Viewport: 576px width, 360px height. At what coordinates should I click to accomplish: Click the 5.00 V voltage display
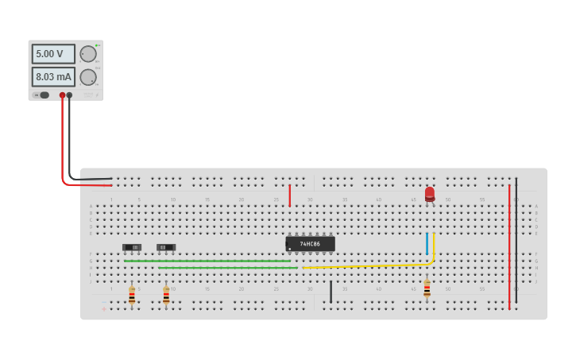(52, 54)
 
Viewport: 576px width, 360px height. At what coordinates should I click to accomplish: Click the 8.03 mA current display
(52, 77)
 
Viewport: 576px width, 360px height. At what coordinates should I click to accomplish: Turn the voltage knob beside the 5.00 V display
(88, 54)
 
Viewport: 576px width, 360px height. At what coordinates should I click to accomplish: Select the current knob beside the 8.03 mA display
(88, 77)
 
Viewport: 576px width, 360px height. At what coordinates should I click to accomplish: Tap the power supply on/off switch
(42, 95)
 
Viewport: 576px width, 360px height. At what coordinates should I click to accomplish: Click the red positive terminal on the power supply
(62, 95)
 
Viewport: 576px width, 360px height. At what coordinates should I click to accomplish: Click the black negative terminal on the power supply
(69, 95)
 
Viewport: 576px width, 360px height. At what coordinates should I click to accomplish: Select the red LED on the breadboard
(430, 194)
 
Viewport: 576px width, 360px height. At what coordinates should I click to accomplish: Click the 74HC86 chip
(310, 244)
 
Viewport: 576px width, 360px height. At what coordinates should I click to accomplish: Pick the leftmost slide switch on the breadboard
(132, 248)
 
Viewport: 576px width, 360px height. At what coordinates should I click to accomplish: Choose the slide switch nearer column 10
(166, 248)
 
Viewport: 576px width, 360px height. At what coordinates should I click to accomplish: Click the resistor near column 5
(132, 295)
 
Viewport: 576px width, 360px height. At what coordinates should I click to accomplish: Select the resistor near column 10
(166, 295)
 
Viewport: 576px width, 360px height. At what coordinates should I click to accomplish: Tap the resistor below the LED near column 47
(427, 288)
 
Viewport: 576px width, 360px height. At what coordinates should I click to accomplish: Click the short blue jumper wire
(427, 243)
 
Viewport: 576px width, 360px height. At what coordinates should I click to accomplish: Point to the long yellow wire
(365, 265)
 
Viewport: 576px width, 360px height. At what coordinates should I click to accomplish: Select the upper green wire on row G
(207, 261)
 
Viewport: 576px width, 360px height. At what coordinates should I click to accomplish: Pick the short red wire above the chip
(290, 195)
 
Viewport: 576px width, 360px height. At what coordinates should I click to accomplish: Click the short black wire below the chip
(331, 292)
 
